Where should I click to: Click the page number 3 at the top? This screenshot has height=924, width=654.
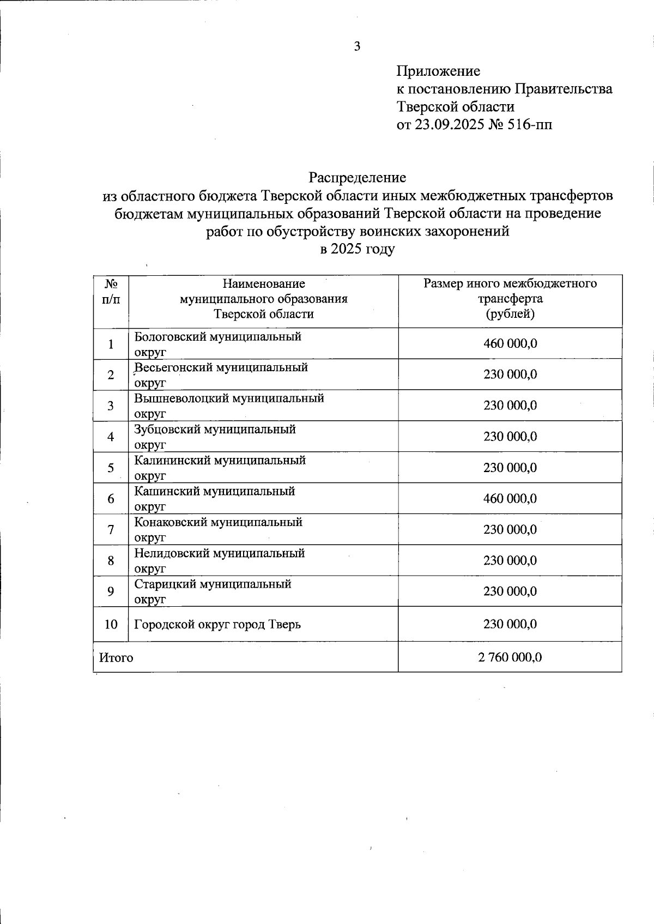pyautogui.click(x=357, y=47)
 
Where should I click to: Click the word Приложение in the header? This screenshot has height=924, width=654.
pyautogui.click(x=439, y=71)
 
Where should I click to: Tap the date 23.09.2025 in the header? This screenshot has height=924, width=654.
pyautogui.click(x=448, y=125)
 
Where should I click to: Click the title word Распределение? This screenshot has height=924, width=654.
pyautogui.click(x=357, y=177)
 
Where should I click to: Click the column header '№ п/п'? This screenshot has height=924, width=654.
pyautogui.click(x=111, y=292)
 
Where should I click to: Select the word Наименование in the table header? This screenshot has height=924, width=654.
pyautogui.click(x=264, y=283)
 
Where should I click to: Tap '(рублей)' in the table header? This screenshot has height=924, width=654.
pyautogui.click(x=510, y=314)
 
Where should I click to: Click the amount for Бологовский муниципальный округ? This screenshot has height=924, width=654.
pyautogui.click(x=510, y=343)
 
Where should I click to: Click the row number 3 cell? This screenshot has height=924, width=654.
pyautogui.click(x=111, y=406)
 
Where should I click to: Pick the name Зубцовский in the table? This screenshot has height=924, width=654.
pyautogui.click(x=167, y=430)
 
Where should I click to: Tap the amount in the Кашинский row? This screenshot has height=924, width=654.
pyautogui.click(x=510, y=498)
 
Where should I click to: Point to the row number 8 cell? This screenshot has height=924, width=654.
pyautogui.click(x=111, y=560)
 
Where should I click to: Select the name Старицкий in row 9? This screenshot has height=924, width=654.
pyautogui.click(x=165, y=584)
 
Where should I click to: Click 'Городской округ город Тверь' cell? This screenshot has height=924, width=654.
pyautogui.click(x=217, y=624)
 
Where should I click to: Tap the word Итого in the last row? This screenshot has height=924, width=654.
pyautogui.click(x=116, y=657)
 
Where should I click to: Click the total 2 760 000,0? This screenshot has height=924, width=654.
pyautogui.click(x=510, y=657)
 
